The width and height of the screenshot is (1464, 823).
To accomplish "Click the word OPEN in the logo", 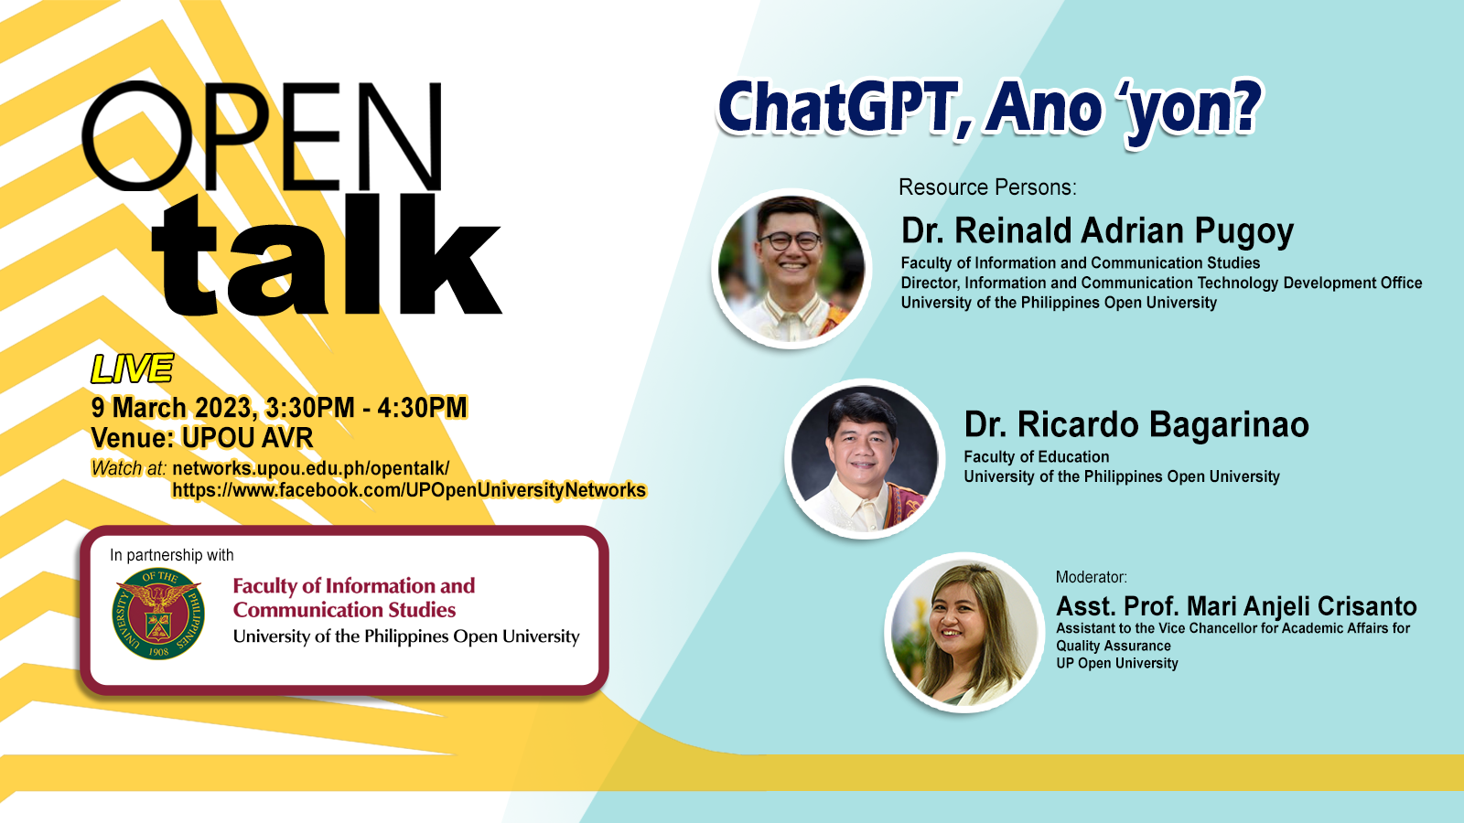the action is [262, 136].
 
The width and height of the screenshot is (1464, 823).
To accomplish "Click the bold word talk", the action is [327, 255].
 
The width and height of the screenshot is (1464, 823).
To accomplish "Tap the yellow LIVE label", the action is [132, 369].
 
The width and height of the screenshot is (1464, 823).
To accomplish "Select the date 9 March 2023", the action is [171, 408].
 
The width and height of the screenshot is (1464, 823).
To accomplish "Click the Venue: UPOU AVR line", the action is [202, 438].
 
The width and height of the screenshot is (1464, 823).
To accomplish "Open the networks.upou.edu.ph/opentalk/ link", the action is [310, 468].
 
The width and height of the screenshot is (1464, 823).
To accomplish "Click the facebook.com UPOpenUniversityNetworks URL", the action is [409, 490].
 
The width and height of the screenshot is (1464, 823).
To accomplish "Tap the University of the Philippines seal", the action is [158, 614].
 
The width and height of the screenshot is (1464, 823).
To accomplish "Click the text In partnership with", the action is [171, 555].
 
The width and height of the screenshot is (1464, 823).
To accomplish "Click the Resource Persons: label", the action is [987, 187].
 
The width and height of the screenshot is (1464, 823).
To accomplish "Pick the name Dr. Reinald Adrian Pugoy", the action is [1097, 230].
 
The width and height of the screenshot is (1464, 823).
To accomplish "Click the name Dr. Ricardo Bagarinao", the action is [1136, 424].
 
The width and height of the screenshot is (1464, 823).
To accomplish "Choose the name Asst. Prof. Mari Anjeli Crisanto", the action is [1236, 606].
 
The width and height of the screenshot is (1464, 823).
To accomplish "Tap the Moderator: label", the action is [1092, 577].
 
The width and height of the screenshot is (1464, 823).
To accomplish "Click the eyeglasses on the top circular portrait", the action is [791, 241].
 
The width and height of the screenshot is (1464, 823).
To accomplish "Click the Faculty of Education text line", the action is [1037, 456].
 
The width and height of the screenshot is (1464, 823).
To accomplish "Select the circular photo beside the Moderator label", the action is [964, 632].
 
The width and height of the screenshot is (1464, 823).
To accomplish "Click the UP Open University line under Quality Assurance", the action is [1117, 664].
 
